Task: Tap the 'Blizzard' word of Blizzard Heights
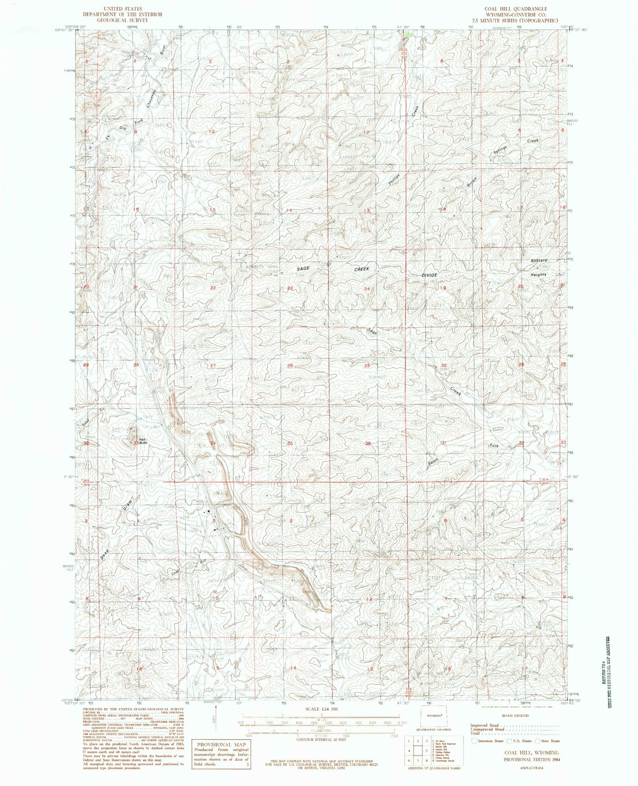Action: (x=539, y=261)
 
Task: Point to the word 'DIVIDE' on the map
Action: (x=429, y=275)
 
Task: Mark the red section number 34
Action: (x=213, y=443)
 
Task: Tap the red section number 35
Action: (x=290, y=443)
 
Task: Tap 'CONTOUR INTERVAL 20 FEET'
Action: (x=320, y=738)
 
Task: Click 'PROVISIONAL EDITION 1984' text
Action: (x=531, y=760)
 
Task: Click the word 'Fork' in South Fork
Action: (x=493, y=446)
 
